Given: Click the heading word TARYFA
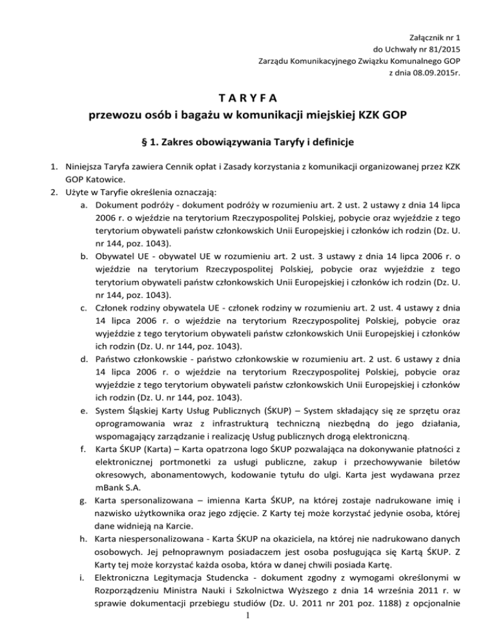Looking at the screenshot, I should point(248,98).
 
